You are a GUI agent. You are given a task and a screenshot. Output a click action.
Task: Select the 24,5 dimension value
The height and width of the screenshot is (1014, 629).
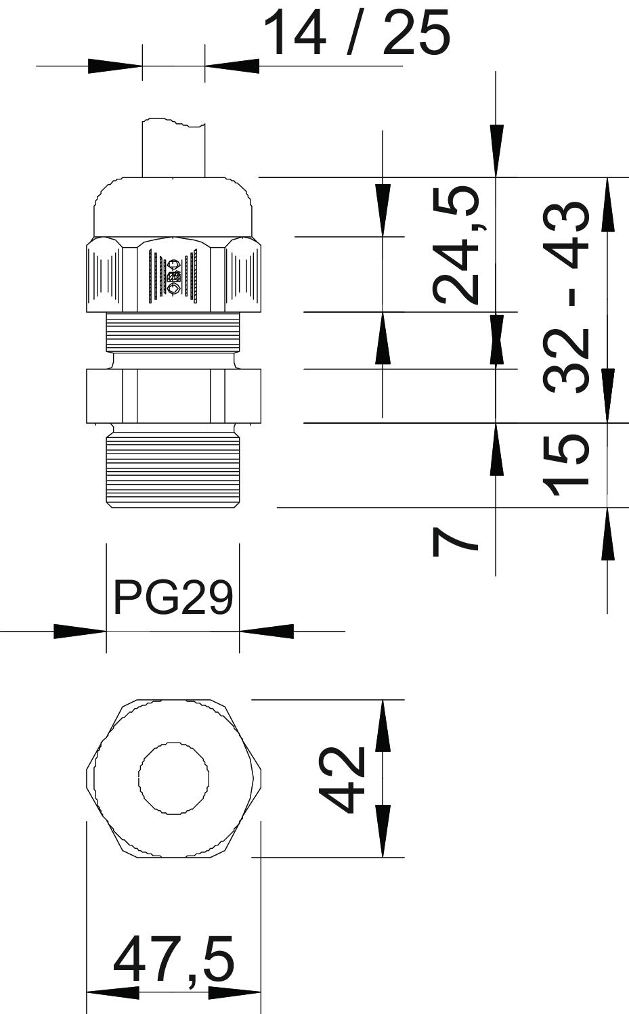pos(455,245)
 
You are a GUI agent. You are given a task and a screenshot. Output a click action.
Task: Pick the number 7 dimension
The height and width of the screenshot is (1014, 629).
pos(455,544)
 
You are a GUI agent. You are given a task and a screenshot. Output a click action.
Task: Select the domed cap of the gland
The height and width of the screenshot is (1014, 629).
pos(173,206)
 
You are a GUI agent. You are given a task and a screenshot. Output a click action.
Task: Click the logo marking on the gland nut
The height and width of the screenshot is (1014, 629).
pos(173,276)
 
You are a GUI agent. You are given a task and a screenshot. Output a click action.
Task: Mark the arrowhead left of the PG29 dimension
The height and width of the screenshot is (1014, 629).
pos(80,631)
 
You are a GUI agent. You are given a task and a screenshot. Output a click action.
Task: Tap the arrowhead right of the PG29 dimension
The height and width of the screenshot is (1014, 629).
pos(266,631)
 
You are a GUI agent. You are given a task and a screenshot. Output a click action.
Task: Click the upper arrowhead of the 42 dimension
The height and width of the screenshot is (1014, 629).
pos(383,725)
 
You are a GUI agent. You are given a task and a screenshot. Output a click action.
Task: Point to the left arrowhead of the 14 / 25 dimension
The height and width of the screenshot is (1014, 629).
pos(115,66)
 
